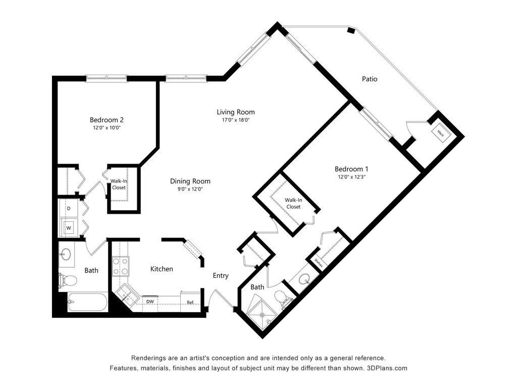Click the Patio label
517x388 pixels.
click(x=369, y=79)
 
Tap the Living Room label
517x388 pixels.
click(x=235, y=112)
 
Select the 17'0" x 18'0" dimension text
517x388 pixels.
click(x=235, y=120)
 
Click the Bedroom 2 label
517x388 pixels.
click(x=107, y=120)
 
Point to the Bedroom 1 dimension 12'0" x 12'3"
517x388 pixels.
click(x=351, y=177)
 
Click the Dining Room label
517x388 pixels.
click(x=190, y=181)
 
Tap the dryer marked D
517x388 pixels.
click(x=69, y=209)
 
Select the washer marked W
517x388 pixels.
click(x=69, y=228)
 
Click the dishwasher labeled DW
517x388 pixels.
click(x=150, y=302)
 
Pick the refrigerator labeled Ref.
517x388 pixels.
click(x=190, y=302)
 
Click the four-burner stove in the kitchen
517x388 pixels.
click(x=120, y=266)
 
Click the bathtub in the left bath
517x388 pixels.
click(x=87, y=302)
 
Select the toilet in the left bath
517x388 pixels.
click(x=68, y=281)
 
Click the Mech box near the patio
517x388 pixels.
click(x=440, y=133)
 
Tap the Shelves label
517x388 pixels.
click(x=318, y=263)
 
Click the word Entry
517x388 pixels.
click(x=221, y=275)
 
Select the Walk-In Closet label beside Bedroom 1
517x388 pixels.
click(x=293, y=203)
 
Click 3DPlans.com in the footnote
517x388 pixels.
click(x=387, y=368)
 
